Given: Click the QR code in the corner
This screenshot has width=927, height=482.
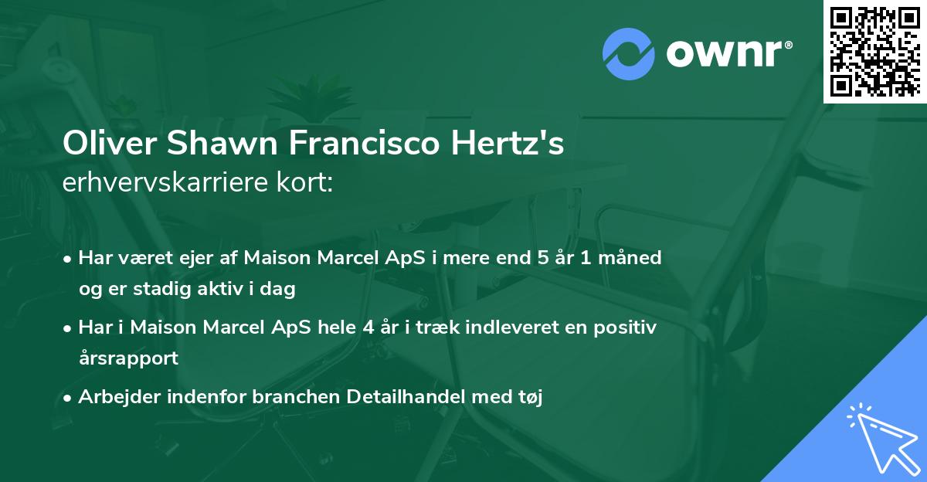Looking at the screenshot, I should pos(874,51).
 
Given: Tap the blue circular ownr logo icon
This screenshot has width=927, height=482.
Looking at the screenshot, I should pos(628,53).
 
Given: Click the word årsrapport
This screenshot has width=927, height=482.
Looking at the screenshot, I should pos(128,358).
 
